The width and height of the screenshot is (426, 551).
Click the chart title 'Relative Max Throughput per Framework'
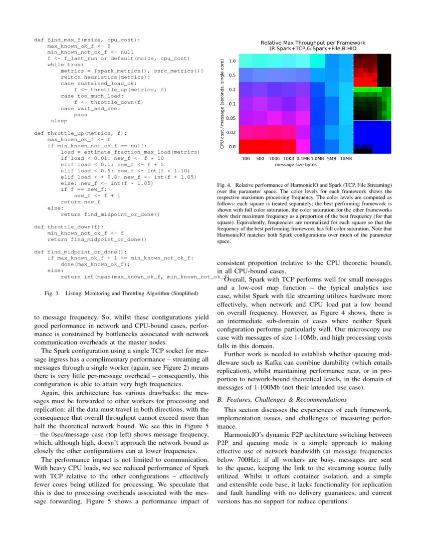[313, 43]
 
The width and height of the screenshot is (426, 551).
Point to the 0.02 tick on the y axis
[232, 132]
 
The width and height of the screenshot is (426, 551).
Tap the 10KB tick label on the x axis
[289, 158]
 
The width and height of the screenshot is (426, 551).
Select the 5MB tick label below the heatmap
[331, 158]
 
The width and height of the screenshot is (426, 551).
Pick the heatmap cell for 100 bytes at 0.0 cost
[246, 146]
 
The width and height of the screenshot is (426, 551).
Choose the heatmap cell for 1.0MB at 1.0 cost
[317, 61]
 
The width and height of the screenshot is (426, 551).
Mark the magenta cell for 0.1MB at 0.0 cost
[303, 146]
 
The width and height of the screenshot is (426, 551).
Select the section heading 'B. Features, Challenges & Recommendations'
[281, 400]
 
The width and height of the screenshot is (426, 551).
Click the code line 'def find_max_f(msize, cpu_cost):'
[87, 39]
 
